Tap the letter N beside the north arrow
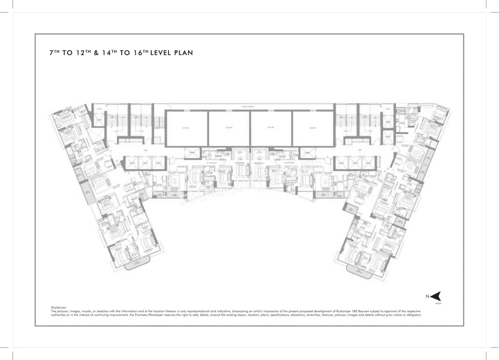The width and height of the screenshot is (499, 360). (427, 296)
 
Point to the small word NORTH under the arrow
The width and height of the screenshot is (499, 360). (439, 303)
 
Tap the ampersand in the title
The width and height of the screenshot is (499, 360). (96, 53)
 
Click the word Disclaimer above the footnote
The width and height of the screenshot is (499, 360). (59, 308)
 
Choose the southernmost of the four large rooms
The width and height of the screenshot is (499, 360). (313, 128)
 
